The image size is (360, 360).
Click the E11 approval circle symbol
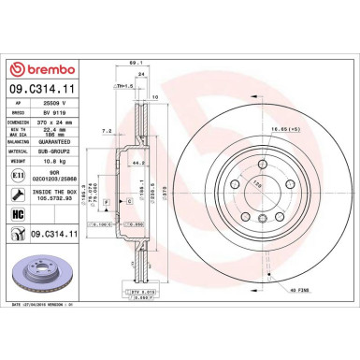(17, 175)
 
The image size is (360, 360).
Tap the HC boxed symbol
(17, 214)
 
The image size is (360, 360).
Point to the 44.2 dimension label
(137, 162)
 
